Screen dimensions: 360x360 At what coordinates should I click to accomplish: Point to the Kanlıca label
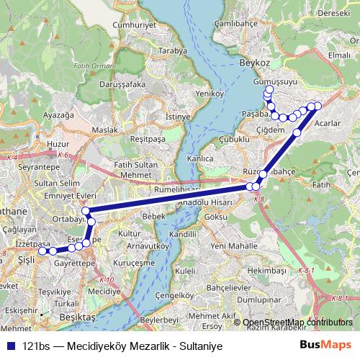pos(199,157)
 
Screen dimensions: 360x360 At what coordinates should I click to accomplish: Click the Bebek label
pos(154,216)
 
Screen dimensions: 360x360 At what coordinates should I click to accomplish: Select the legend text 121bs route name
pos(113,346)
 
